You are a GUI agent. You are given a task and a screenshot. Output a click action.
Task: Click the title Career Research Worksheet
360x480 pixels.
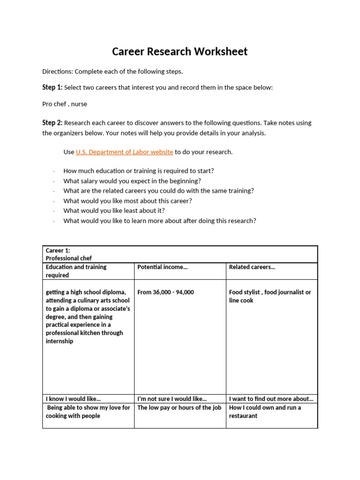tap(180, 52)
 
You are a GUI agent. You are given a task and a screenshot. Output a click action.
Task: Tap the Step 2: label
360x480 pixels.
tap(52, 123)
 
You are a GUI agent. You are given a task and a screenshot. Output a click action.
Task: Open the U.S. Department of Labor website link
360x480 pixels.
tap(124, 152)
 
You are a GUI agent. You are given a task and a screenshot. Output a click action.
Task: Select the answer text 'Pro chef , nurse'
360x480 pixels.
tap(65, 104)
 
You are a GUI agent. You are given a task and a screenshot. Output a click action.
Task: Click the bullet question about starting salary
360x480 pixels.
tap(132, 181)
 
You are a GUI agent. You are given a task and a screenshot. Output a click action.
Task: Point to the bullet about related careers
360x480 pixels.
tap(158, 191)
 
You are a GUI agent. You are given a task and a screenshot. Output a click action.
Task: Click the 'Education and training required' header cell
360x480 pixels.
tap(76, 271)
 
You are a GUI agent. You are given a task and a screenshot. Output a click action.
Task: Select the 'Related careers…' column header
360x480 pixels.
tap(252, 267)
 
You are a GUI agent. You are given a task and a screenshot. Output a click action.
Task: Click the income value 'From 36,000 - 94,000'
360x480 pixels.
tap(165, 292)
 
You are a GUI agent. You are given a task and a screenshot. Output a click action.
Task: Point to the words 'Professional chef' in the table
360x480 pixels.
tap(69, 258)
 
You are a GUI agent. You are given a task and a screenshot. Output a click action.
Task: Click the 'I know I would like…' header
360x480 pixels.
tap(73, 399)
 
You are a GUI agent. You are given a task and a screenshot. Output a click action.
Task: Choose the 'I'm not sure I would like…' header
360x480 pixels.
tap(172, 399)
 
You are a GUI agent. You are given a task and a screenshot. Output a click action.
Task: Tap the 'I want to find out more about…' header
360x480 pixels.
tap(271, 399)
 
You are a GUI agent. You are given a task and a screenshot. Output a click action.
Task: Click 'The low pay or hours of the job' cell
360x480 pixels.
tap(179, 408)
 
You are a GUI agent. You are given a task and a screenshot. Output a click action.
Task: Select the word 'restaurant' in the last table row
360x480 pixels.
tap(243, 416)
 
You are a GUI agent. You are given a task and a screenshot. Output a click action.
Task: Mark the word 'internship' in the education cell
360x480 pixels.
tap(60, 341)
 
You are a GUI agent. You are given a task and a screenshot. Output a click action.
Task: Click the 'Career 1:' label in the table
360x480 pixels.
tap(58, 250)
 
